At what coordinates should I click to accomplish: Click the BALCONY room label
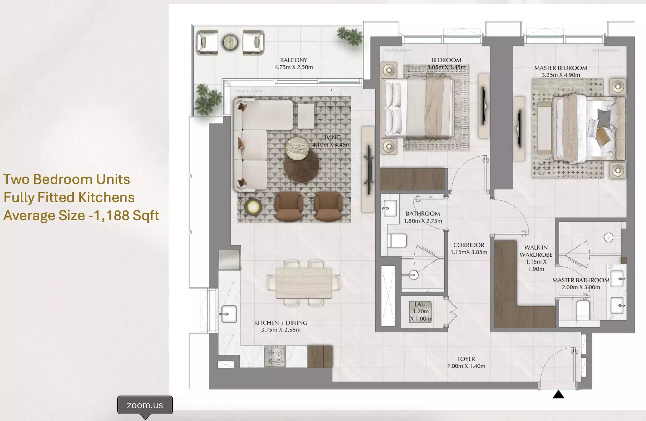click(x=294, y=60)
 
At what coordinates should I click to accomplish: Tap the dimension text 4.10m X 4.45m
click(x=331, y=145)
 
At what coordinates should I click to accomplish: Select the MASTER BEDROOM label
click(x=561, y=68)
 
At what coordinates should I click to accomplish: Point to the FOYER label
click(x=466, y=359)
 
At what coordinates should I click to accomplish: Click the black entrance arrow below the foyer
click(x=558, y=395)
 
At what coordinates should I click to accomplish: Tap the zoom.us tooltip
click(x=145, y=405)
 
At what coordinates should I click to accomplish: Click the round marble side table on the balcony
click(x=231, y=43)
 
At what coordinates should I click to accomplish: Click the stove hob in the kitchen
click(x=275, y=357)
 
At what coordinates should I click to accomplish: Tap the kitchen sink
click(x=229, y=314)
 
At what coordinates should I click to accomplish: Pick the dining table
click(x=304, y=283)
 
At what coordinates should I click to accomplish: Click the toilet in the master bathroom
click(x=583, y=310)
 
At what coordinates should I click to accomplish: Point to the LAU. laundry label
click(x=421, y=304)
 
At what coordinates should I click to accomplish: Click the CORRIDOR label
click(x=468, y=245)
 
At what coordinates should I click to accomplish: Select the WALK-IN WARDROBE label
click(x=536, y=251)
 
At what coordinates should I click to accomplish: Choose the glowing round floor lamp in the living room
click(x=253, y=207)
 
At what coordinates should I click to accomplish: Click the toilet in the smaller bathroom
click(x=397, y=240)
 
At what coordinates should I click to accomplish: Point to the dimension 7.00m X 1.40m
click(x=466, y=366)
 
